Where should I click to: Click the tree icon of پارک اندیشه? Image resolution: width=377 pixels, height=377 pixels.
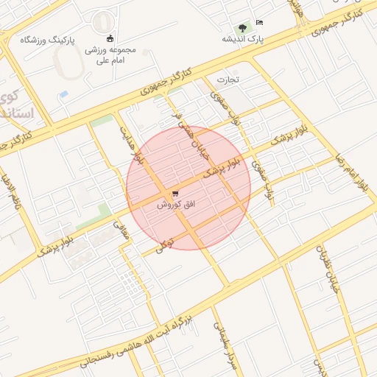(x=242, y=27)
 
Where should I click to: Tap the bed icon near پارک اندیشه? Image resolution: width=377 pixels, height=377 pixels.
(x=259, y=22)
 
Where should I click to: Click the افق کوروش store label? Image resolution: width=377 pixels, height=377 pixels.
(x=175, y=205)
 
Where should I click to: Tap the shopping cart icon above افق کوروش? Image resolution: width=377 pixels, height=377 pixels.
(x=175, y=194)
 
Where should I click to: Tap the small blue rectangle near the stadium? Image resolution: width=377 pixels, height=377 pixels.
(x=63, y=95)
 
